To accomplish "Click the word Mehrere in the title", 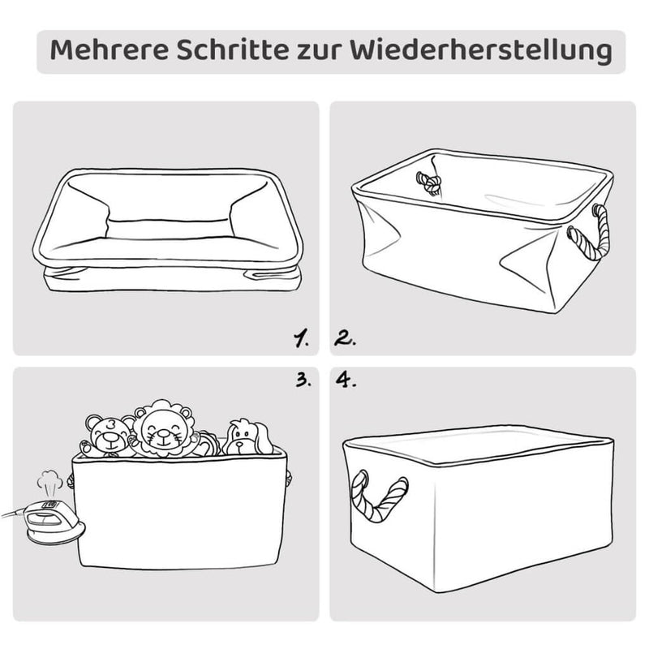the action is [x=110, y=50].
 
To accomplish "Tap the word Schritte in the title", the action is [x=233, y=50].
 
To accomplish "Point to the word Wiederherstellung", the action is [x=480, y=52].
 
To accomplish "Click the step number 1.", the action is [x=301, y=338].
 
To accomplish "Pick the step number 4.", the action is [x=346, y=380].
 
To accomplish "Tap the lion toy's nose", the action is [x=163, y=433].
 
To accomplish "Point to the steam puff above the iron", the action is [x=49, y=482].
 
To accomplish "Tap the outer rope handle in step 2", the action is [x=591, y=233].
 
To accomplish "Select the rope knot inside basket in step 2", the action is [x=429, y=183].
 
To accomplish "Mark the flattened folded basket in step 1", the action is [x=168, y=230].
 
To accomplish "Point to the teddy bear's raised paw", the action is [x=86, y=447].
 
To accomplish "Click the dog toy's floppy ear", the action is [x=263, y=439].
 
